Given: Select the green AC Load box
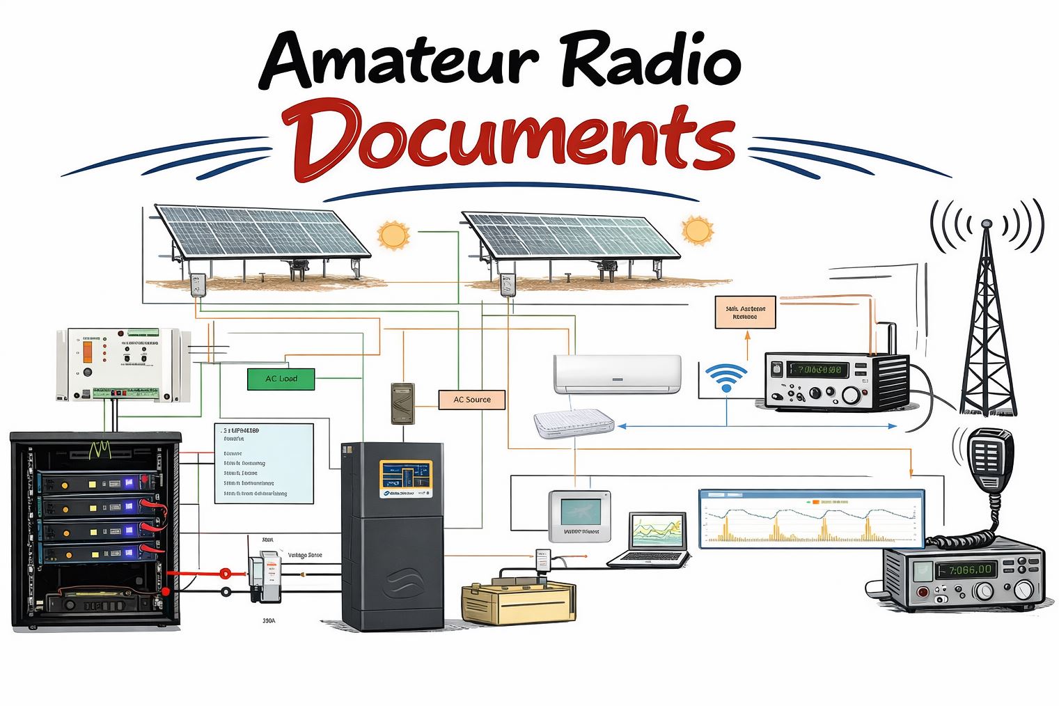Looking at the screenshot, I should point(281,379).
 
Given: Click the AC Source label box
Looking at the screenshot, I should point(471,400).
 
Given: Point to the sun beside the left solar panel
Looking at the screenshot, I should point(393,235).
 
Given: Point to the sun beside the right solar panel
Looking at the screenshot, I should point(697,230).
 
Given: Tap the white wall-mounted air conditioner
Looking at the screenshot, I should point(617,374).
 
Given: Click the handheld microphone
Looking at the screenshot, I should point(989,459).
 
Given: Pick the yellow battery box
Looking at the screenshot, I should point(519,602).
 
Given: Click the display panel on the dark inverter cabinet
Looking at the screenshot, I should point(406,478).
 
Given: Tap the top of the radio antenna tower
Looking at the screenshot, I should point(985,224).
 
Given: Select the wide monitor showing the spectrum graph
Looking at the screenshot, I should point(811,519).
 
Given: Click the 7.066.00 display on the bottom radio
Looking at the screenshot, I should point(965,570).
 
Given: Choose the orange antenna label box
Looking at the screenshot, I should point(744,312).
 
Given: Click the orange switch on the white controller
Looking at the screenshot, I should point(88,350).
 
